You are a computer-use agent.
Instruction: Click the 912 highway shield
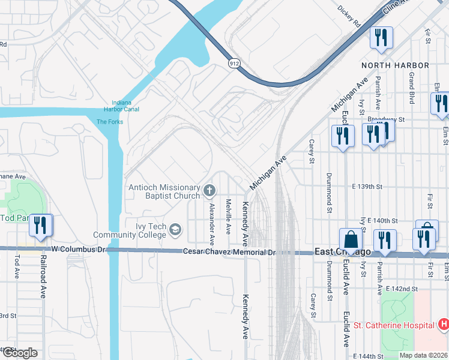point(234,62)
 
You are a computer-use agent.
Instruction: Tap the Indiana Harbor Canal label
point(122,106)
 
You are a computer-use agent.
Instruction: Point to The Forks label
point(110,122)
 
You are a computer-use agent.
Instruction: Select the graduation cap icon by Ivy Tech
point(175,229)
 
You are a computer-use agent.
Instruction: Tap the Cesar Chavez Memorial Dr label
point(228,253)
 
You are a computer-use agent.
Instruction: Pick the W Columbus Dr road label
point(79,249)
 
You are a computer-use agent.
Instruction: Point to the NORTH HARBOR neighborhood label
point(395,65)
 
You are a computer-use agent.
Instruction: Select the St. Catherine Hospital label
point(393,325)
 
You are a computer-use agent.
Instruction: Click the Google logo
point(19,353)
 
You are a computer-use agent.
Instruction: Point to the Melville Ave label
point(228,217)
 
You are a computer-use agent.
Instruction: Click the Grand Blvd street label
point(412,86)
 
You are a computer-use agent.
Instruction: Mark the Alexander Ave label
point(211,223)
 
